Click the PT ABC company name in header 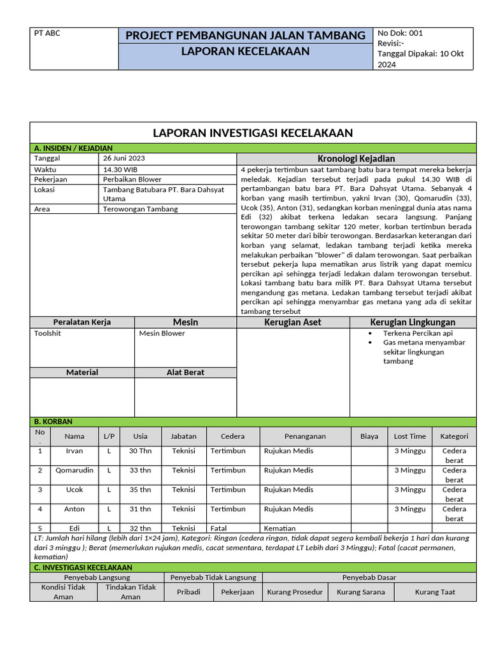(47, 34)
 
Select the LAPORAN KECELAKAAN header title (246, 52)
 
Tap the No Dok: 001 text (400, 33)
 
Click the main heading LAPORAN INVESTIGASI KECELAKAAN (253, 132)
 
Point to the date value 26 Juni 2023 (125, 158)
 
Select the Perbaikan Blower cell (132, 180)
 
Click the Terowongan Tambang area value (141, 209)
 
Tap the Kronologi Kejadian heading (356, 159)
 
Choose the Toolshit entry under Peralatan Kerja (48, 333)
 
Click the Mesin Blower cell (162, 333)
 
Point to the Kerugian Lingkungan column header (413, 322)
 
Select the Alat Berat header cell (185, 372)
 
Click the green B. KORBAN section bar (253, 422)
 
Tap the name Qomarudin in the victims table (74, 471)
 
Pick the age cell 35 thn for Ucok (140, 490)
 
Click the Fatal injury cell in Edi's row (219, 528)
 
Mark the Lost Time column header (409, 436)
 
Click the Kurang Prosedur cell (295, 592)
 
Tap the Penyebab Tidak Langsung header (213, 578)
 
